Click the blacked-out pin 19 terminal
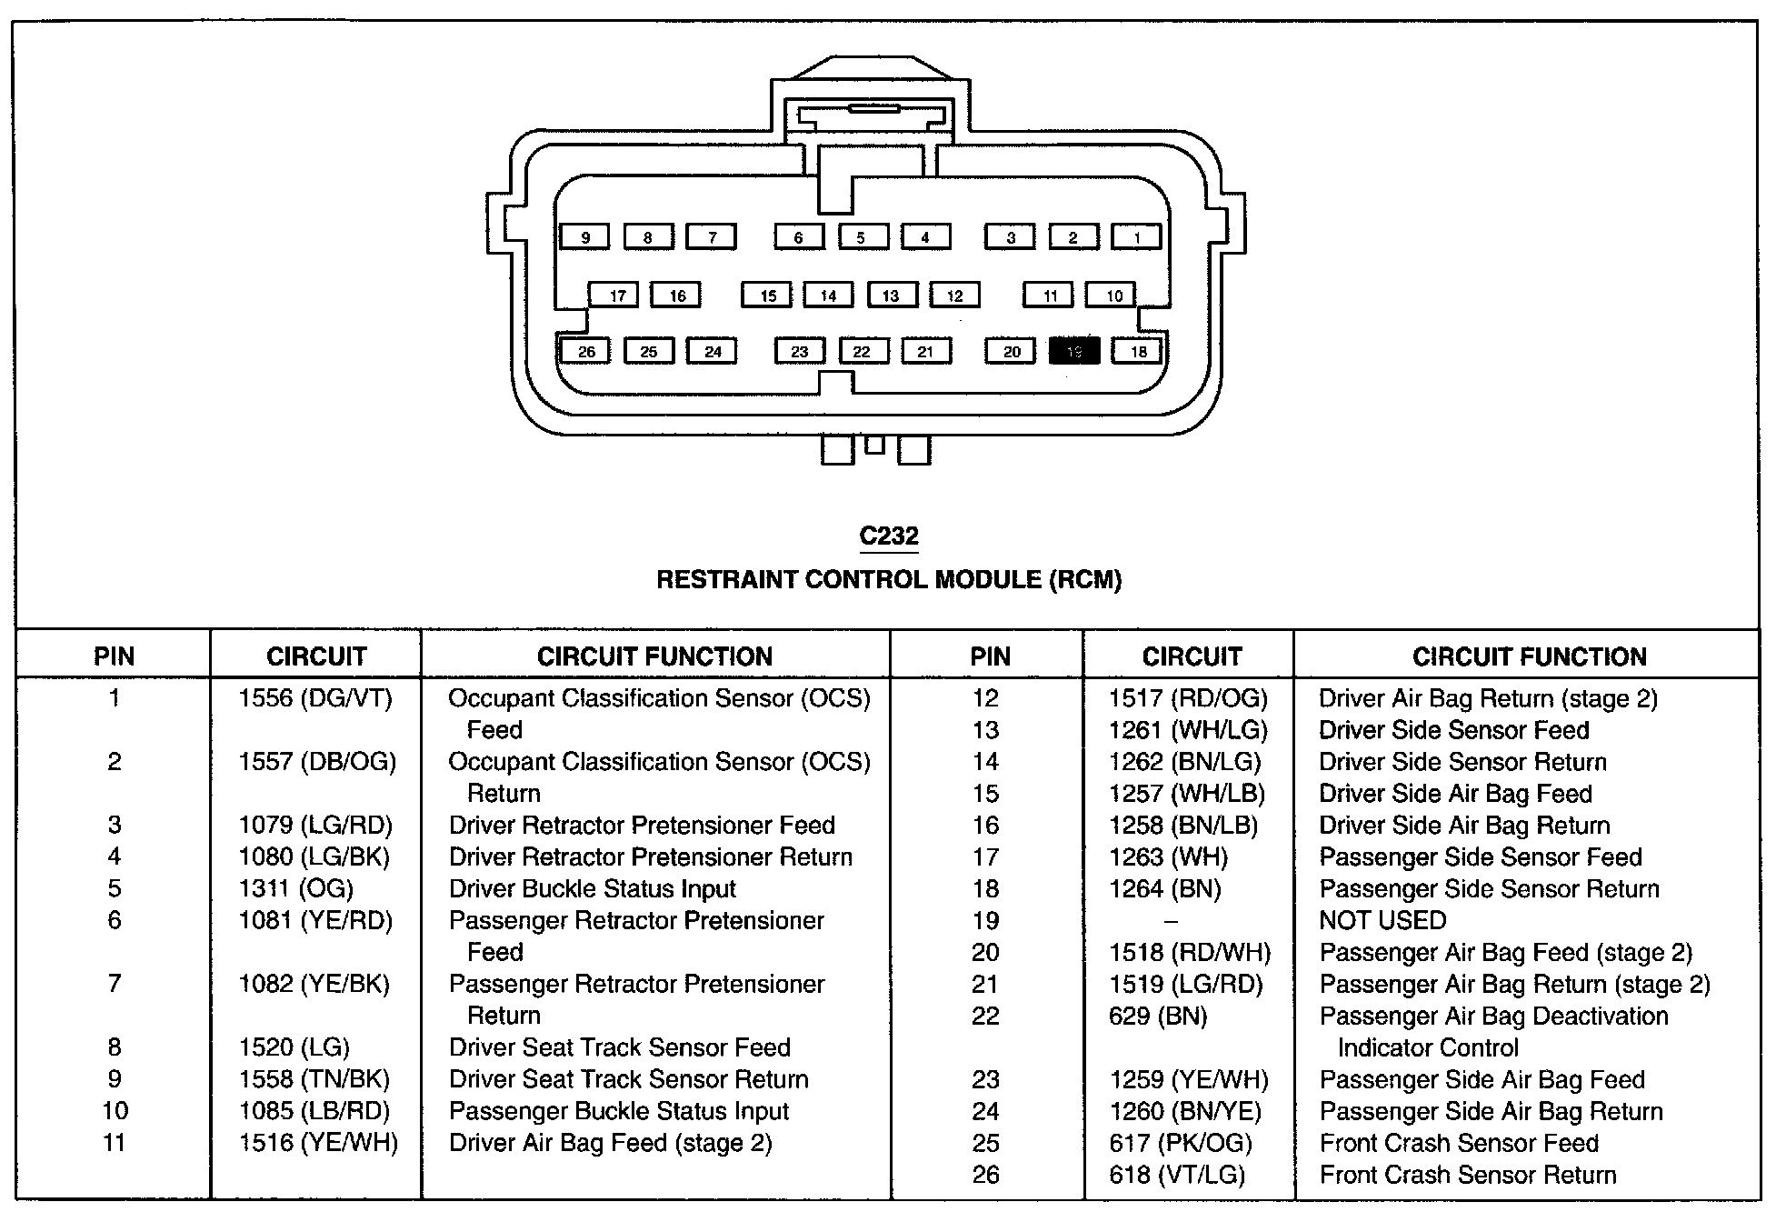click(x=1074, y=351)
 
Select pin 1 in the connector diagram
click(x=1136, y=237)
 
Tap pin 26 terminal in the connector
click(x=586, y=351)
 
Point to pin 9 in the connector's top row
click(x=585, y=237)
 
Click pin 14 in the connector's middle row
click(x=828, y=295)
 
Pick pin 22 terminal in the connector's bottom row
click(x=862, y=351)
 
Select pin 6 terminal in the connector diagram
click(x=799, y=237)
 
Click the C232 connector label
click(x=889, y=536)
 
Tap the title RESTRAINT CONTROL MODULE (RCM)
click(x=889, y=580)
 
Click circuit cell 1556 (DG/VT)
click(x=315, y=698)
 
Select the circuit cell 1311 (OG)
click(x=296, y=888)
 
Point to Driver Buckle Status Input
click(x=593, y=888)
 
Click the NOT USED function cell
click(x=1382, y=920)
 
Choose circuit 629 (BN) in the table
click(x=1158, y=1016)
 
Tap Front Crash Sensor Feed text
click(x=1459, y=1143)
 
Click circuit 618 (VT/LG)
click(x=1177, y=1175)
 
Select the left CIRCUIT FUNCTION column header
click(x=654, y=656)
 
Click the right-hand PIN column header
click(x=990, y=656)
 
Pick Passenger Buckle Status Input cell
click(x=619, y=1111)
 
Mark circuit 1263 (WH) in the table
click(x=1168, y=856)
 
